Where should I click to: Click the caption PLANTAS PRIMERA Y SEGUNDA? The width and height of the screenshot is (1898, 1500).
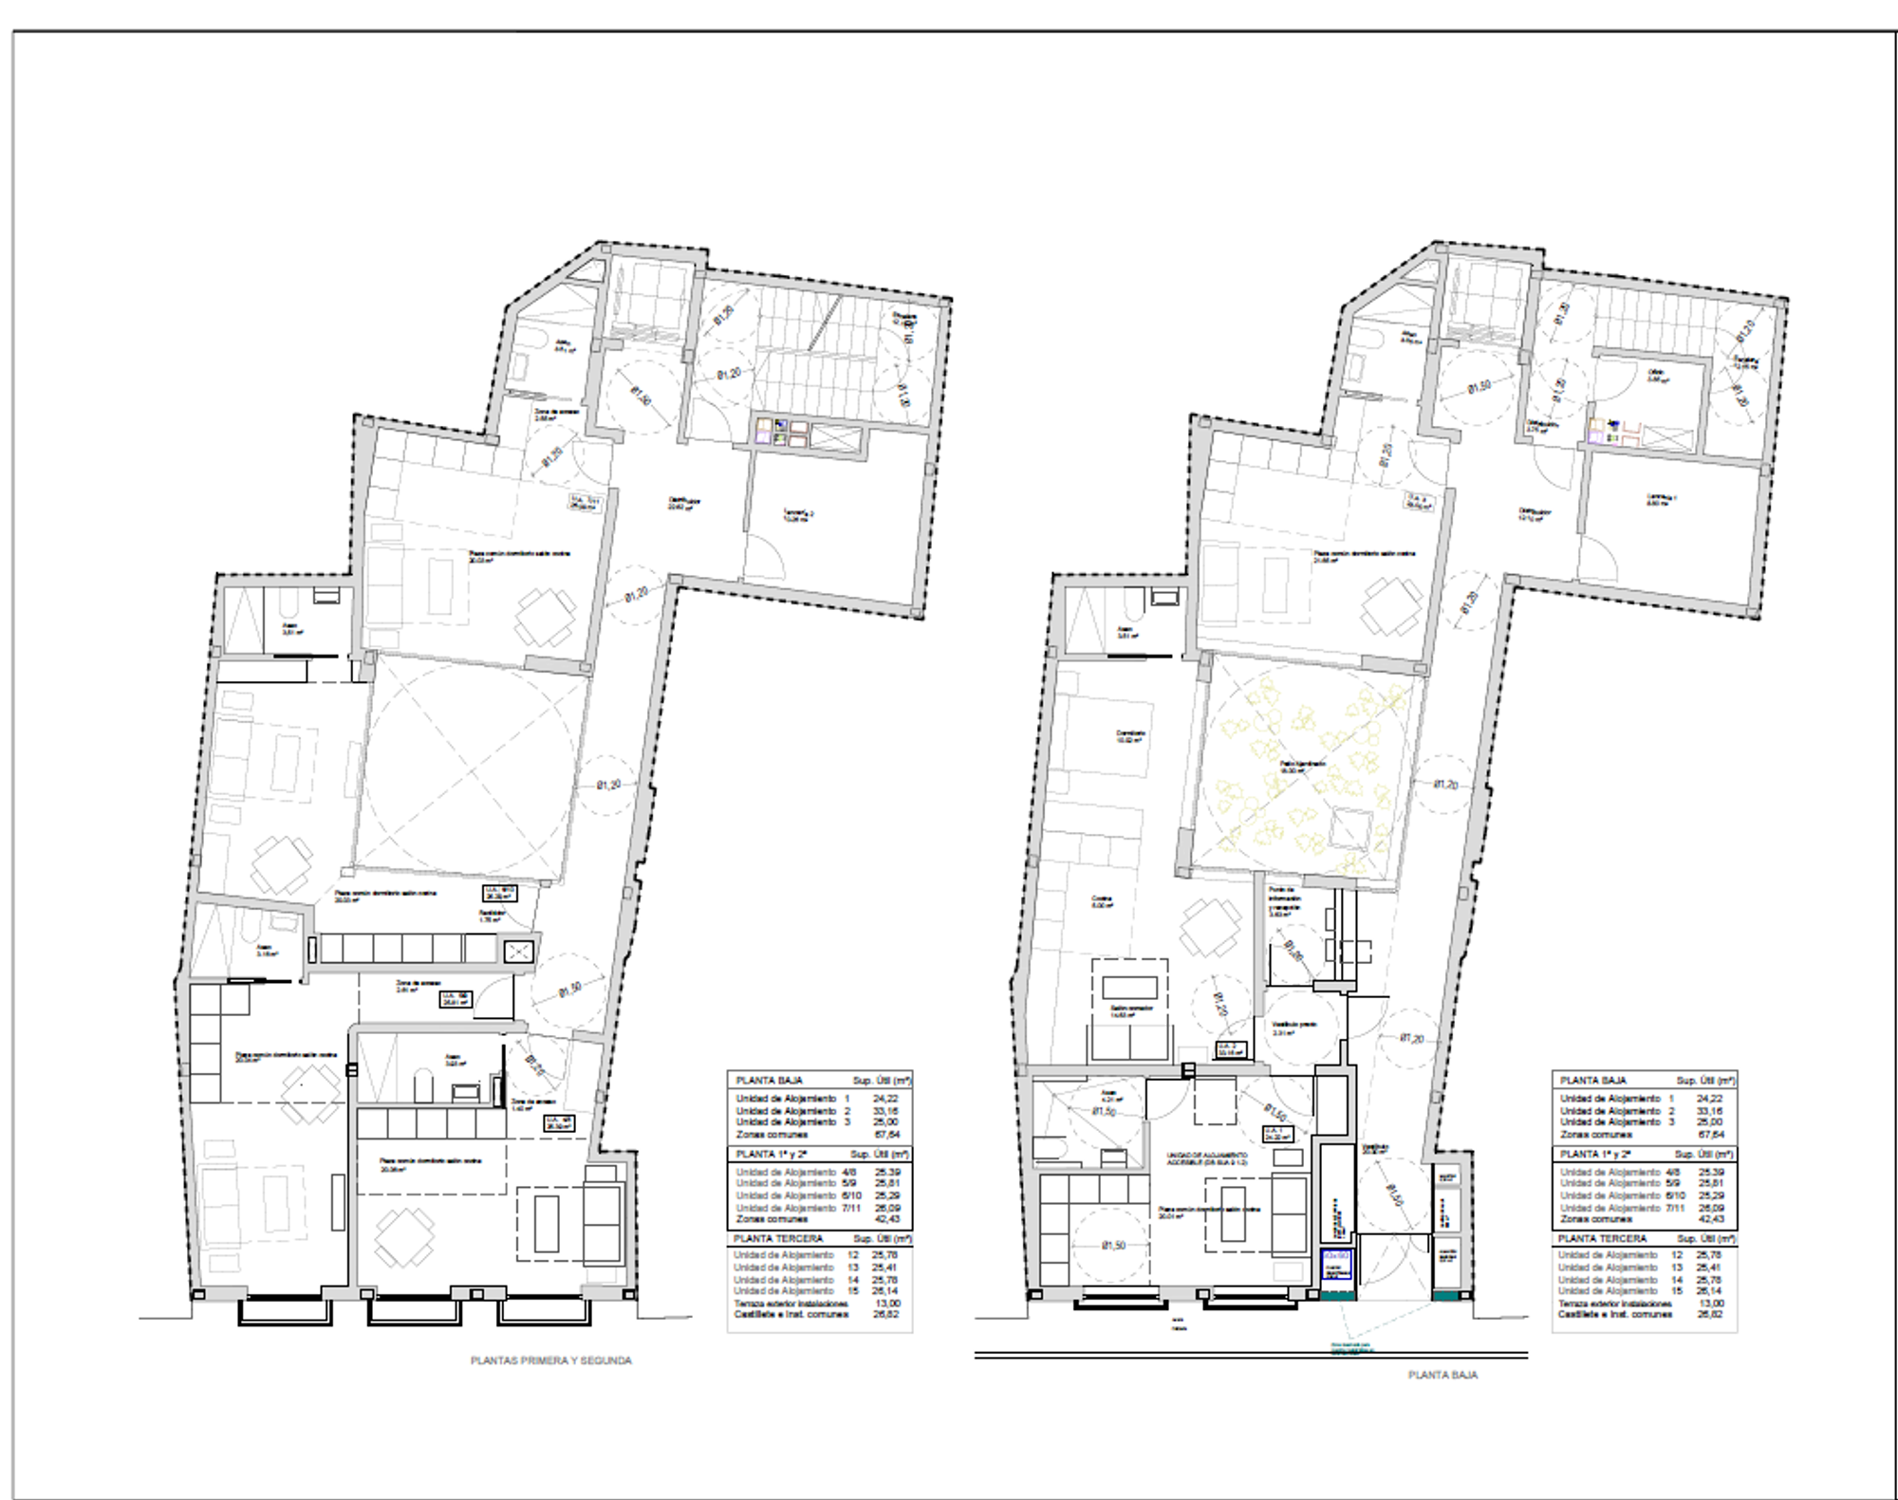tap(550, 1361)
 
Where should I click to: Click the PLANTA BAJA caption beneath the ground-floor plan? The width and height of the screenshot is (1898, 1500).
tap(1442, 1375)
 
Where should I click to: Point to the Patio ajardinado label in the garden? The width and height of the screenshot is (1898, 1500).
tap(1302, 767)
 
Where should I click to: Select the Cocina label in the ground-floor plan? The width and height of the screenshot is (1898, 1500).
tap(1101, 901)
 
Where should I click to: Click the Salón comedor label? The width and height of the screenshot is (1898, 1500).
tap(1130, 1010)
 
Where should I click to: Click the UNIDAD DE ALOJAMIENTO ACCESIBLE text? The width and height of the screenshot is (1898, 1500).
tap(1207, 1158)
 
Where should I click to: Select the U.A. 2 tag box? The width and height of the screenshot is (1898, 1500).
tap(1231, 1049)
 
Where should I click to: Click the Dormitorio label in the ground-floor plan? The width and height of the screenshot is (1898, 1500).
tap(1129, 735)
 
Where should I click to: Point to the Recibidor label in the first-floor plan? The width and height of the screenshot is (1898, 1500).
tap(491, 916)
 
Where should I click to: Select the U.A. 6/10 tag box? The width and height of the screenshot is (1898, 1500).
tap(499, 893)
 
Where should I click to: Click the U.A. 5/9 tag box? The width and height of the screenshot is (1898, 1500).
tap(456, 998)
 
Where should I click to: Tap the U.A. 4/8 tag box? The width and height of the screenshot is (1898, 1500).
tap(558, 1123)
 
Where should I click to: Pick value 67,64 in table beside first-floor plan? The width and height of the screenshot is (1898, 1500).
tap(886, 1134)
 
